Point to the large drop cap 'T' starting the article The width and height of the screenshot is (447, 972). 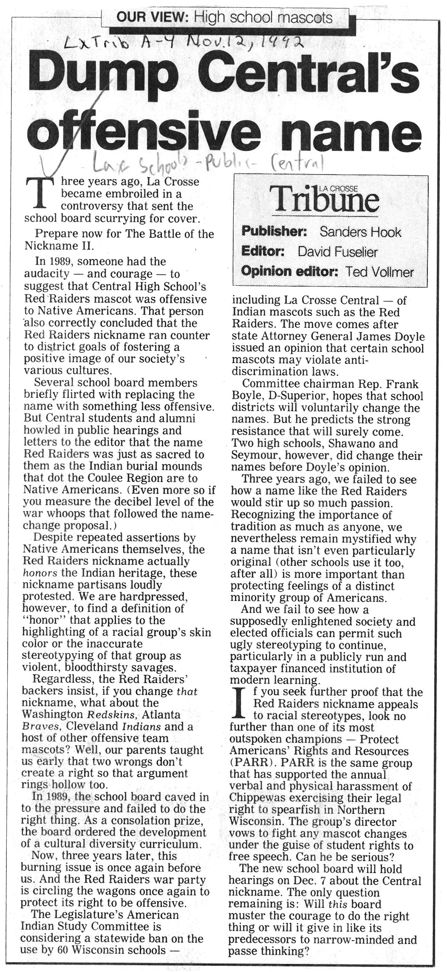39,192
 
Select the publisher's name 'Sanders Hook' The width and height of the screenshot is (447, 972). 360,232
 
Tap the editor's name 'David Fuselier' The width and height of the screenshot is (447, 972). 337,252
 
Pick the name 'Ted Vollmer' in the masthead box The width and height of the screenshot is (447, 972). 379,272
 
